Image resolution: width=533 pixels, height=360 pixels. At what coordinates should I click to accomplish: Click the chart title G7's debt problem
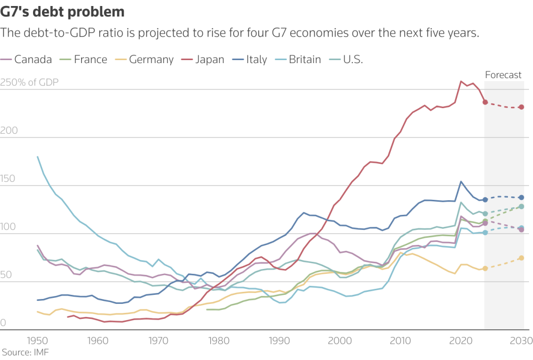tap(63, 12)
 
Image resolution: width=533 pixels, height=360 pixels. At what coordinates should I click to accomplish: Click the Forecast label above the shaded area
tap(503, 75)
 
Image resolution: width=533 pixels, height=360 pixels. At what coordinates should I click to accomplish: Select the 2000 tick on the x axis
tap(340, 341)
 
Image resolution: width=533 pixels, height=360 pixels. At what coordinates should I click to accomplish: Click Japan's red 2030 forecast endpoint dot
tap(521, 107)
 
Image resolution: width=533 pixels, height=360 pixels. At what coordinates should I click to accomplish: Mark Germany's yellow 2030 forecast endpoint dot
tap(521, 258)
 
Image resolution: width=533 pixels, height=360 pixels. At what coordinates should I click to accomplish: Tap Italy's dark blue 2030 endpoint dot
tap(521, 197)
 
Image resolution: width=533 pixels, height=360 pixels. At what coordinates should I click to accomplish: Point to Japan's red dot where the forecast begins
tap(485, 102)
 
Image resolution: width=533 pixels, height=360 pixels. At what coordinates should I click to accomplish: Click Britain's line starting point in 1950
tap(38, 157)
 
